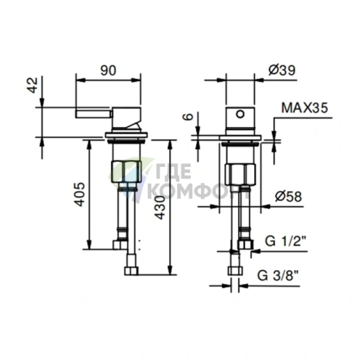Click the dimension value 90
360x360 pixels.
108,70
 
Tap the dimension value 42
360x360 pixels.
33,85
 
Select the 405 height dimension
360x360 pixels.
80,195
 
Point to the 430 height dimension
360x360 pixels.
160,208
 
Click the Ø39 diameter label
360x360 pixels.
282,70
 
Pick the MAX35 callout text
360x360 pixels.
305,108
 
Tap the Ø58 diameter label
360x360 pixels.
288,197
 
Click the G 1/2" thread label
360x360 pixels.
285,241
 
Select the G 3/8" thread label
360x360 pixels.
278,276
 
